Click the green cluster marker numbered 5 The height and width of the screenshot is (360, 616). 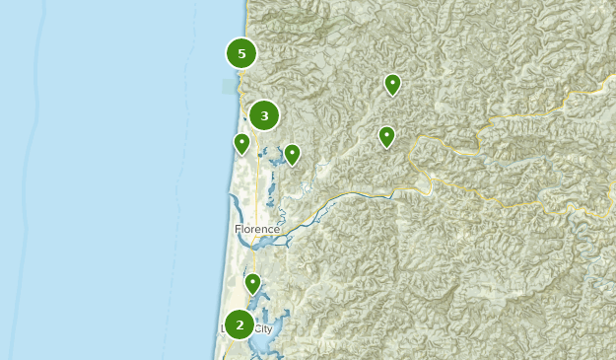tap(241, 53)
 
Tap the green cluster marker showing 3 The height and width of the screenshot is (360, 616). tap(264, 115)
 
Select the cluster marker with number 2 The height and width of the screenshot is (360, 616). tap(240, 324)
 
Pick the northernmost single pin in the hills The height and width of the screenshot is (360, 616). tap(392, 84)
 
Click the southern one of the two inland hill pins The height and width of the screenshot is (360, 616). tap(387, 136)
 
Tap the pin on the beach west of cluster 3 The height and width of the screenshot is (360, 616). tap(241, 143)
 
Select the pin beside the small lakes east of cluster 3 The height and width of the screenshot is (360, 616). tap(292, 154)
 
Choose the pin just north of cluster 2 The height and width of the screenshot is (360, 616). tap(253, 284)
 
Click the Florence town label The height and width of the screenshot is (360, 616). tap(257, 230)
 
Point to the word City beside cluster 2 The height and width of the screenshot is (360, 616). tap(263, 328)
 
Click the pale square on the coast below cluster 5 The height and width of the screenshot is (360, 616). tap(230, 87)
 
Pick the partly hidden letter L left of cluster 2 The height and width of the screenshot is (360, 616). tap(224, 328)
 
